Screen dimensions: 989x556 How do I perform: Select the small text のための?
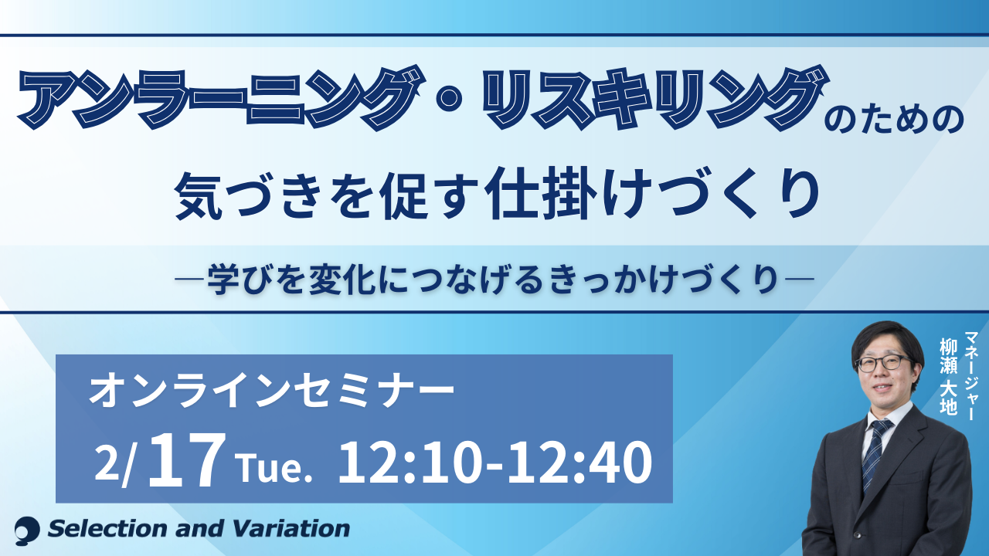tap(895, 119)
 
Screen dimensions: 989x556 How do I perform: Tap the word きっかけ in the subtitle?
tap(611, 280)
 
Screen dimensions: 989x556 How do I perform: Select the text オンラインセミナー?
tap(271, 392)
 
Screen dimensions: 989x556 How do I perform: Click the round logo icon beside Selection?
tap(27, 530)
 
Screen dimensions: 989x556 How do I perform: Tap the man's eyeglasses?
tap(884, 363)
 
